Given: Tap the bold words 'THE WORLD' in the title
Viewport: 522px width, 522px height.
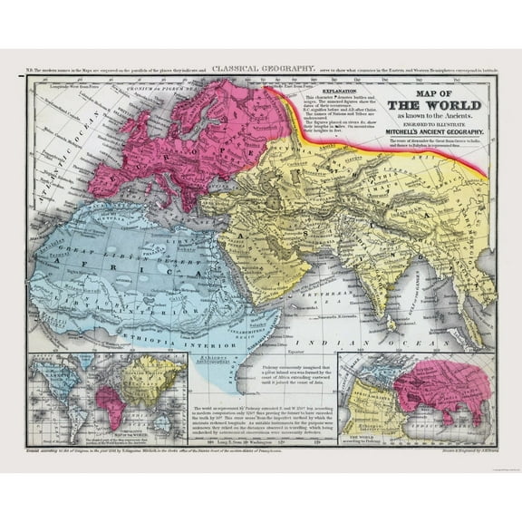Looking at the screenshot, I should pos(432,102).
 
